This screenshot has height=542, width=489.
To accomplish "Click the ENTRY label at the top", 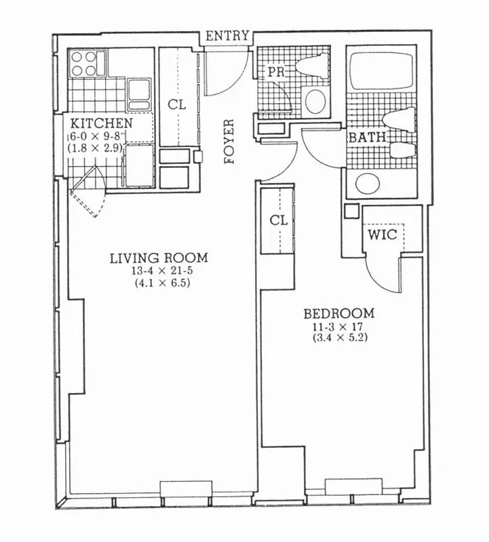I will (x=228, y=37).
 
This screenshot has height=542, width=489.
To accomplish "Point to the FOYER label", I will (x=229, y=142).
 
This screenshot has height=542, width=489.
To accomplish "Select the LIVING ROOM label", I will (x=159, y=258).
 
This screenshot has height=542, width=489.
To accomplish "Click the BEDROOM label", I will (x=338, y=314).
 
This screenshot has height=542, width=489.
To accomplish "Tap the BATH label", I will (x=367, y=138).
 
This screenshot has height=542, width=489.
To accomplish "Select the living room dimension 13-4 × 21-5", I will (x=159, y=271).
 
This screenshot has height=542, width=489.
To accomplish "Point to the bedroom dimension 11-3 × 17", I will (x=338, y=327).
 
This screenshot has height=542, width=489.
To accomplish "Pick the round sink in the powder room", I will (x=315, y=101).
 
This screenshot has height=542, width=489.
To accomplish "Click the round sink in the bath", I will (x=368, y=184).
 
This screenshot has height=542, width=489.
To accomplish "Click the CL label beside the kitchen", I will (x=177, y=105).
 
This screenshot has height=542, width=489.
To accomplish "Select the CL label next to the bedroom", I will (x=278, y=221).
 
